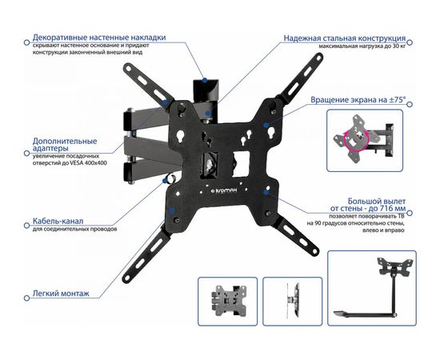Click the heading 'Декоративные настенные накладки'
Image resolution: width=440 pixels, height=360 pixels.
pyautogui.click(x=99, y=38)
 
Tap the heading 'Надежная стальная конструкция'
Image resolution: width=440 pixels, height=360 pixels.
pyautogui.click(x=345, y=38)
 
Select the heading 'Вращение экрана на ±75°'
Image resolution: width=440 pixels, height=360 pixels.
pyautogui.click(x=358, y=100)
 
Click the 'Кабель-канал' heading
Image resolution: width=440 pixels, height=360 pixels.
pyautogui.click(x=58, y=221)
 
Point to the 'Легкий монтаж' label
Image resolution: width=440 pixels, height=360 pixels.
pyautogui.click(x=61, y=294)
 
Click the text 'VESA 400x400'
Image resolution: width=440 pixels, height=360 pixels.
pyautogui.click(x=91, y=162)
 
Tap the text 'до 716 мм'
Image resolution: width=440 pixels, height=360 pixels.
pyautogui.click(x=387, y=209)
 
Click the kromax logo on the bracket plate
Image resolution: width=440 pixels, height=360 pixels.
pyautogui.click(x=224, y=190)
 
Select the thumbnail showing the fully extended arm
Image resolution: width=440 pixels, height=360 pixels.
pyautogui.click(x=372, y=288)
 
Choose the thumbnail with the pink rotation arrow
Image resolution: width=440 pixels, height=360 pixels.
pyautogui.click(x=365, y=141)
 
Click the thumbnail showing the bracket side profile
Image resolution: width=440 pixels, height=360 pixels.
pyautogui.click(x=292, y=302)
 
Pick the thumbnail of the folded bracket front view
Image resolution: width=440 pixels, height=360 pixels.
pyautogui.click(x=227, y=302)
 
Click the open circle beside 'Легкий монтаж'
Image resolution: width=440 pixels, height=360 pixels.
pyautogui.click(x=27, y=298)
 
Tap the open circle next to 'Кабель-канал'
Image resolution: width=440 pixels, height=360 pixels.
pyautogui.click(x=27, y=226)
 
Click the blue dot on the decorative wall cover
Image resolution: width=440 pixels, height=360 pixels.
pyautogui.click(x=205, y=80)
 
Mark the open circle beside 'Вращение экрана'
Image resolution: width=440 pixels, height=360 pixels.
pyautogui.click(x=410, y=104)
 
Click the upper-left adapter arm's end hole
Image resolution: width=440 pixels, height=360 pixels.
pyautogui.click(x=129, y=68)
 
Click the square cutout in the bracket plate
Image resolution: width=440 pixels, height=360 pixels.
pyautogui.click(x=241, y=164)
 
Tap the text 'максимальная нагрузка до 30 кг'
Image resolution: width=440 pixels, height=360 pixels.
pyautogui.click(x=362, y=46)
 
